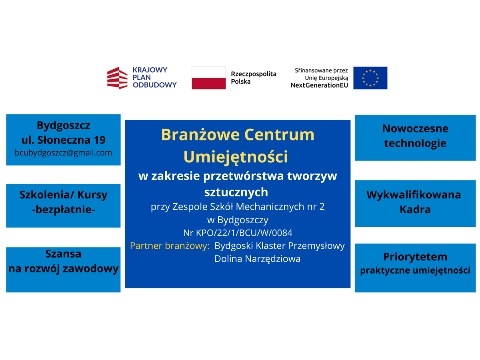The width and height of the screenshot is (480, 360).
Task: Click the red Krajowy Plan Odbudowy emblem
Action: (x=117, y=78)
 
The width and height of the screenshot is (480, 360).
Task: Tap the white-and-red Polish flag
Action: (x=209, y=78)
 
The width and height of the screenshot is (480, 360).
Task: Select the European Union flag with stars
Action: (x=370, y=78)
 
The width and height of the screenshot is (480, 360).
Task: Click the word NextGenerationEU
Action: (x=319, y=85)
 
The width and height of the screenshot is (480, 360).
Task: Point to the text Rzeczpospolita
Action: (x=254, y=74)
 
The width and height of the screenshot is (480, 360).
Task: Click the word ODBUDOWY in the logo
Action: (x=154, y=85)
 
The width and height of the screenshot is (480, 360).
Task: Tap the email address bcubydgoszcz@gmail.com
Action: (x=63, y=153)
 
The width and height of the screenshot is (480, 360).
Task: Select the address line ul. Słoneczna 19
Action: (x=64, y=140)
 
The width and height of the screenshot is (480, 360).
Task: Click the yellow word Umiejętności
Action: (x=236, y=157)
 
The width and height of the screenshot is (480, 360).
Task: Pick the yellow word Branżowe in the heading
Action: (x=200, y=134)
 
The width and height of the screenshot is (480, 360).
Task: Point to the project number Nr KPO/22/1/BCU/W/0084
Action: (x=238, y=233)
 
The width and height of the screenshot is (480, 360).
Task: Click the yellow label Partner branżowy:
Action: (x=170, y=246)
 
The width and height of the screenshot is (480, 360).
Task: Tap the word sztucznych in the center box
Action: (x=236, y=192)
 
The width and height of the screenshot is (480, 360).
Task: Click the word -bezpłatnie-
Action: (x=63, y=210)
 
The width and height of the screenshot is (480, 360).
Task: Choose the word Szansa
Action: (x=63, y=254)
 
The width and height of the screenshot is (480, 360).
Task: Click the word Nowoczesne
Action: (x=415, y=128)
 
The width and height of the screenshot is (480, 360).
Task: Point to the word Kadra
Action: (x=415, y=210)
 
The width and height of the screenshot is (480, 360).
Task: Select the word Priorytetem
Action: (x=415, y=257)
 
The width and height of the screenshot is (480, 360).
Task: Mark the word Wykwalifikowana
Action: (x=414, y=195)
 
